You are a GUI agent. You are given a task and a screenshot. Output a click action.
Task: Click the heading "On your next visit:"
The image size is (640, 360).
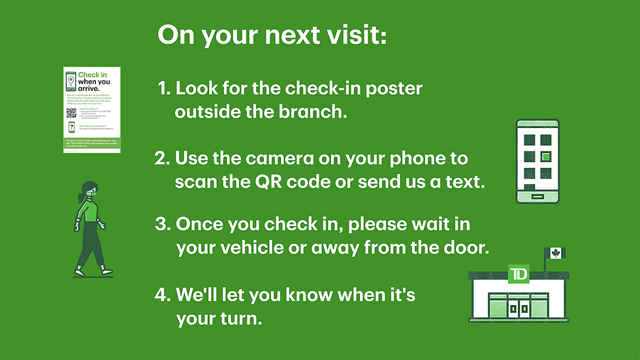tap(272, 36)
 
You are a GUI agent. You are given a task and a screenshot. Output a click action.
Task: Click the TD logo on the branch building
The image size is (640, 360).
tap(518, 272)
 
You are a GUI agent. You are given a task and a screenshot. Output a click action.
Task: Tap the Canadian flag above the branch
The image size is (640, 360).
tap(556, 253)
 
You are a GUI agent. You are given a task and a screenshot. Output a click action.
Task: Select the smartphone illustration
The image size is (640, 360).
tap(537, 161)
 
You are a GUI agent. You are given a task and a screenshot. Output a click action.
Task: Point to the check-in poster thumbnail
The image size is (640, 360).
tap(92, 110)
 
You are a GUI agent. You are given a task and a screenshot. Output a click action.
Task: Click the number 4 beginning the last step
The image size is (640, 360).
tap(159, 295)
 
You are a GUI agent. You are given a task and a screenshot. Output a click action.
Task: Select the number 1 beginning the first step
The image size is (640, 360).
tap(162, 88)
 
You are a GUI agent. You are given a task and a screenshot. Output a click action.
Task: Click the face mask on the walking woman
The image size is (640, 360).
tap(91, 193)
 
